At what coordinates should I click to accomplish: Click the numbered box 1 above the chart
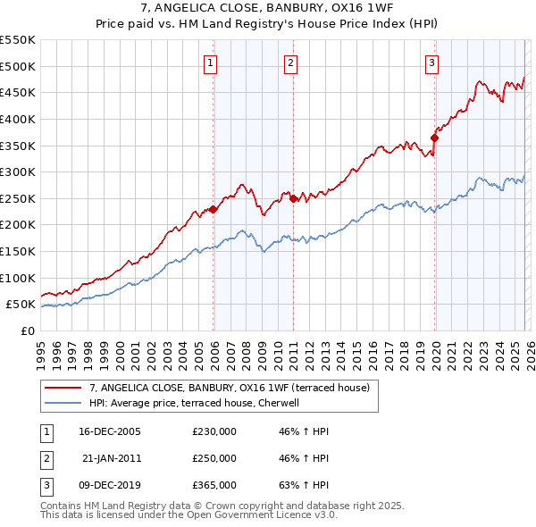(x=210, y=63)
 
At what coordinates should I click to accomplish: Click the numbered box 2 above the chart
(x=291, y=63)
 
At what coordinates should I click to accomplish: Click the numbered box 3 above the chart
(x=431, y=63)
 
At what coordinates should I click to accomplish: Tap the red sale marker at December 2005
(x=214, y=209)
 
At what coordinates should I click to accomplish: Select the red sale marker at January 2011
(x=294, y=198)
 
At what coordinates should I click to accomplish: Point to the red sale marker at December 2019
(x=435, y=138)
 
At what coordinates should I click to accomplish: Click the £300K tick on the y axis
(x=18, y=171)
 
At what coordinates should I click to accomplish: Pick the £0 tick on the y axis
(x=29, y=330)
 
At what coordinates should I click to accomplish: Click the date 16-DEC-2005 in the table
(x=110, y=431)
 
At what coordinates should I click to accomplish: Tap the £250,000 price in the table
(x=214, y=458)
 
